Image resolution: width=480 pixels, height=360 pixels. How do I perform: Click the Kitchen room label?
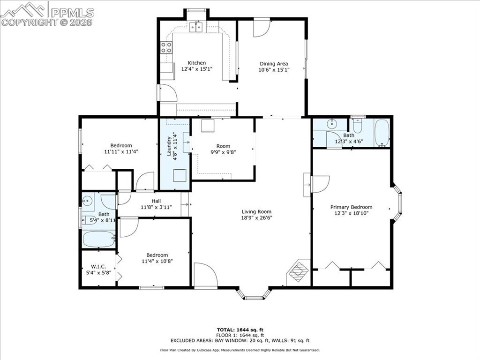(196, 63)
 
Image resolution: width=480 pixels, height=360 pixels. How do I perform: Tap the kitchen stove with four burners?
(166, 47)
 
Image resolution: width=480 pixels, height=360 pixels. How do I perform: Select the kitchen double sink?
(196, 27)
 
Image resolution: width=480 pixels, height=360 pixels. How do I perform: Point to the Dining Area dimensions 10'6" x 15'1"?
(274, 70)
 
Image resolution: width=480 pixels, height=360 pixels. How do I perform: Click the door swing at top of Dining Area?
(261, 28)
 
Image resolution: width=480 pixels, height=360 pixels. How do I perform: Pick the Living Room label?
(256, 211)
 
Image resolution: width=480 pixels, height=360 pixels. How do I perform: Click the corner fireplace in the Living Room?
(297, 271)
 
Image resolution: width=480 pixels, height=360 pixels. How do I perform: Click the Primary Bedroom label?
(351, 207)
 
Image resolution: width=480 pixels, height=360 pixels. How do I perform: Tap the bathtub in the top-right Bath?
(382, 133)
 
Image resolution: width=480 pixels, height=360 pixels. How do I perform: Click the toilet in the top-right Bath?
(358, 126)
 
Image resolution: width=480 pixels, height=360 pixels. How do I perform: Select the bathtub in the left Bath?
(98, 240)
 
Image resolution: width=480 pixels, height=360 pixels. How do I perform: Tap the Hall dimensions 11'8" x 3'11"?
(150, 207)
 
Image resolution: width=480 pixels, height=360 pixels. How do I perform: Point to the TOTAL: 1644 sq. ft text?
(240, 330)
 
